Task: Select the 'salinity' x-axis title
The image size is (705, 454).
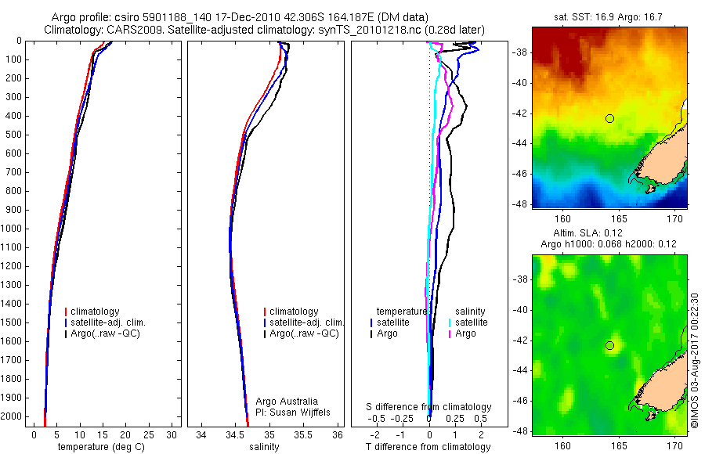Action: [x=263, y=448]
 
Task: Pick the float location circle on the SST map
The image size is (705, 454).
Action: [x=609, y=118]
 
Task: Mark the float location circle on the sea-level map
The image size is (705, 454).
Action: [x=609, y=345]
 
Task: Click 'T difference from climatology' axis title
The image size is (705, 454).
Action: [x=428, y=448]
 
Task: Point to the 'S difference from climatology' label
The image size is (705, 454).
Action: [x=428, y=407]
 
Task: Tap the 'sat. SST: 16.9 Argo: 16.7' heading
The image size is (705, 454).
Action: [x=609, y=17]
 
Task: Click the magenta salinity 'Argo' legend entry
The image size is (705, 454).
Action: [x=465, y=333]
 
